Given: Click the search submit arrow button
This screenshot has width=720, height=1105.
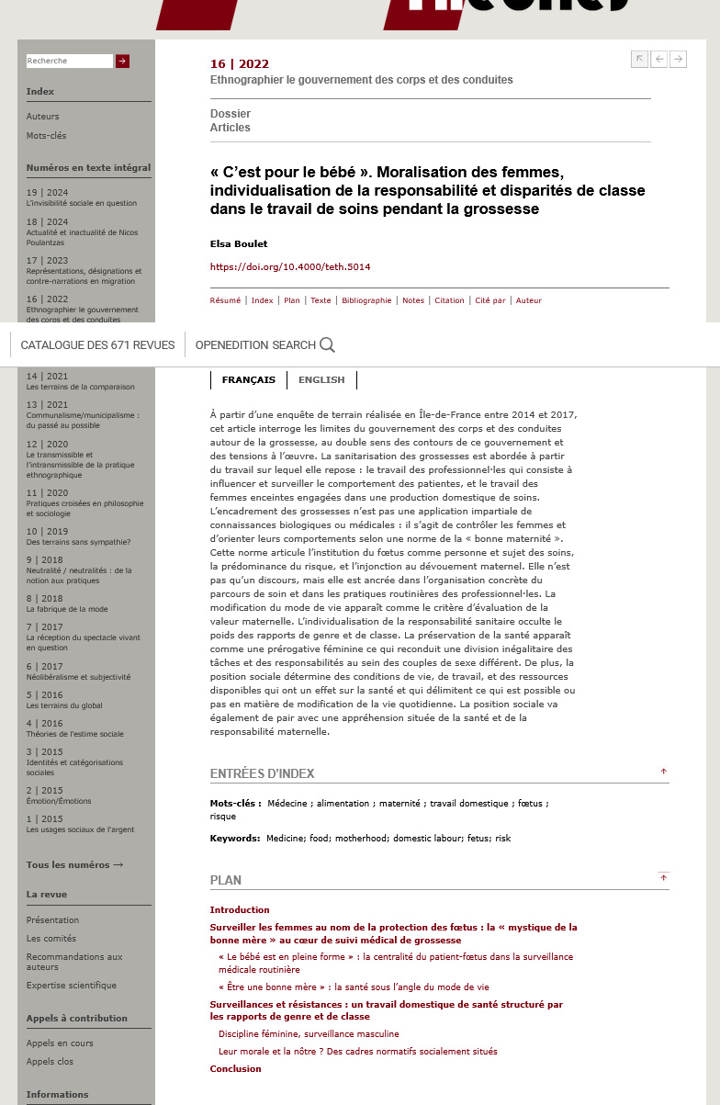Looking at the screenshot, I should [x=122, y=61].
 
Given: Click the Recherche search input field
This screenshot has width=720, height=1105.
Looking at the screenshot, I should [x=69, y=61].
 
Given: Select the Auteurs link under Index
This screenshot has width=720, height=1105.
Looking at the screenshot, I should [x=43, y=117].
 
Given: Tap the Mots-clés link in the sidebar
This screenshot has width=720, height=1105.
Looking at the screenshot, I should [x=46, y=136].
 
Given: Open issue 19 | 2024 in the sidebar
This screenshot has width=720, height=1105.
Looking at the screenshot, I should [x=48, y=193].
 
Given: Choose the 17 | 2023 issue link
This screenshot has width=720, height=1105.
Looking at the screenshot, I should [x=48, y=261].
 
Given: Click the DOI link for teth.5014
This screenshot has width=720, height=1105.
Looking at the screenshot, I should [x=290, y=267].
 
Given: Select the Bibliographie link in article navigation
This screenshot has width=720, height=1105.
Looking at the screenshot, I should [x=366, y=300].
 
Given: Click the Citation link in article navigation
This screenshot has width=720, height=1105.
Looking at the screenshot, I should [x=449, y=300].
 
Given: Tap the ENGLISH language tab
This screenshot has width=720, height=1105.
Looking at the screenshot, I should [x=321, y=379].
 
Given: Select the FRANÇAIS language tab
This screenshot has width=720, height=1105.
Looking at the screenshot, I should [x=248, y=379].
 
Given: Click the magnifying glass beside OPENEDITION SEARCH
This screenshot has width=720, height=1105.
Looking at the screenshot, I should [x=327, y=345].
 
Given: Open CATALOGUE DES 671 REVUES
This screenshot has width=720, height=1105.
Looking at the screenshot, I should [x=97, y=345].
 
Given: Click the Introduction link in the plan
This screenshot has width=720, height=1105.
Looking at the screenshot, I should [x=240, y=910].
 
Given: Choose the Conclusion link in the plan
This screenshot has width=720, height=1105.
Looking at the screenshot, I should [x=235, y=1069].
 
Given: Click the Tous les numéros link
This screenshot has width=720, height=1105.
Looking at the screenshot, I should [x=74, y=865].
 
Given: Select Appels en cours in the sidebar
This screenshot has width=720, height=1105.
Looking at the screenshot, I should [x=60, y=1043].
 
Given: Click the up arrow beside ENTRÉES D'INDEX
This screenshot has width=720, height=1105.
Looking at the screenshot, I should [x=663, y=772].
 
